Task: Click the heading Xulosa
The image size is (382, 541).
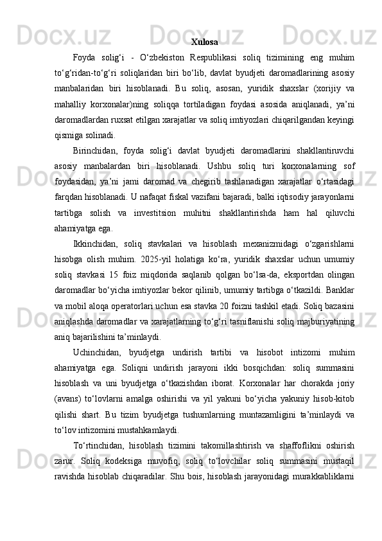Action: tap(204, 42)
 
